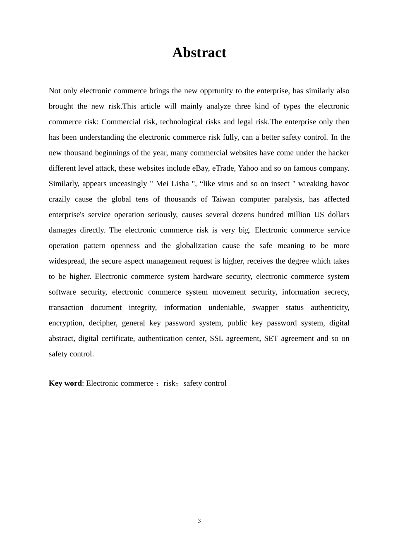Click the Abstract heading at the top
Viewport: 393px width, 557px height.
pos(199,53)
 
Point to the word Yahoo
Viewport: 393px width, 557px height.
pos(248,168)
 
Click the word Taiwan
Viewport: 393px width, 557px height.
pos(223,199)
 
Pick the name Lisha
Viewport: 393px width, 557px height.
pos(178,184)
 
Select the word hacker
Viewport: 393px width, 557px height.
pos(338,153)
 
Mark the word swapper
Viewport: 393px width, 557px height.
pos(265,308)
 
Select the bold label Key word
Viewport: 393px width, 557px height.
pos(65,383)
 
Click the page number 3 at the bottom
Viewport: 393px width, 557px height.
pos(199,521)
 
